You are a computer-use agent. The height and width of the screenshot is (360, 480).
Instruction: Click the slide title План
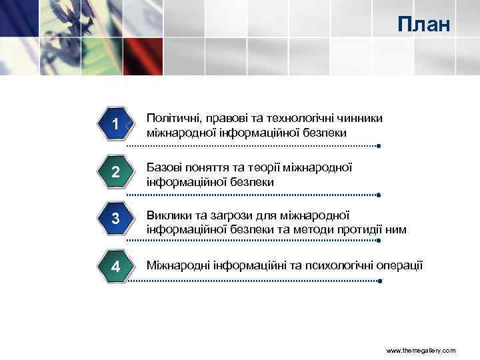[424, 25]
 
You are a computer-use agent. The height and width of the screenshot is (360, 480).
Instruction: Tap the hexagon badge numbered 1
[116, 125]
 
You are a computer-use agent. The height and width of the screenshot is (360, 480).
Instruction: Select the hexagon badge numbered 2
[116, 172]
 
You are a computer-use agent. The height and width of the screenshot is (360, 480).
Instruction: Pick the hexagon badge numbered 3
[116, 219]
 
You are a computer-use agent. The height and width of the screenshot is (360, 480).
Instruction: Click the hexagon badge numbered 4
[116, 267]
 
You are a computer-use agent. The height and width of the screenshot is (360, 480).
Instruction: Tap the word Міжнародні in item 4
[178, 265]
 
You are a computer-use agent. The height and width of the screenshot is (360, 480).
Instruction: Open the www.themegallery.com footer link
[421, 350]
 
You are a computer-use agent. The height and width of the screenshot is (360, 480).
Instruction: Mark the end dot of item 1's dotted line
[378, 145]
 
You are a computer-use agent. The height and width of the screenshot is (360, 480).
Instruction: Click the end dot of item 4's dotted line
[378, 281]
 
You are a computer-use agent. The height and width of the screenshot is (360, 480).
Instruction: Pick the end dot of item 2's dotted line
[378, 195]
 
